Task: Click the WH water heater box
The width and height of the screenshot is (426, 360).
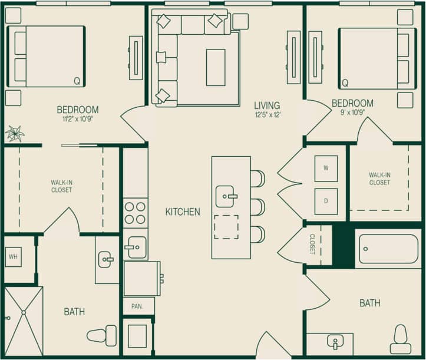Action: coord(14,256)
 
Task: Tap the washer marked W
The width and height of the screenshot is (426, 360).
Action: coord(326,168)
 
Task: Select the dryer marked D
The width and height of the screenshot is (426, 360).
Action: coord(326,202)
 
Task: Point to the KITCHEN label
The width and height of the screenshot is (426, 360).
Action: coord(182,212)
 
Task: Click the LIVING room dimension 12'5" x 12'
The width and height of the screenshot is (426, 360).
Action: coord(268,115)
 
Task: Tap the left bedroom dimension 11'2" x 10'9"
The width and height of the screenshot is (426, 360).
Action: coord(77,118)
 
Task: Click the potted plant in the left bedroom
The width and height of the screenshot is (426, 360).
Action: coord(14,134)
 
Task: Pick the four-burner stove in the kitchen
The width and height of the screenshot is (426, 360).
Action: coord(135,213)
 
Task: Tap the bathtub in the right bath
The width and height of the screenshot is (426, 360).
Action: coord(388,249)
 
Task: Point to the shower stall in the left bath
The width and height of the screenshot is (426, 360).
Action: coord(24,321)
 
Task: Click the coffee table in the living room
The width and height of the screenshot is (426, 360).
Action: coord(216,68)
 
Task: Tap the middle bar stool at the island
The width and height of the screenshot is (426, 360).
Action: coord(257,207)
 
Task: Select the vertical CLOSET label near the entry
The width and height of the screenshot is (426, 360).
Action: coord(312,244)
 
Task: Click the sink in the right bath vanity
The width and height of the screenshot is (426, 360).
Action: coord(335,342)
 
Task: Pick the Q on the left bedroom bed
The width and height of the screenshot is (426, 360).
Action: coord(77,81)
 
